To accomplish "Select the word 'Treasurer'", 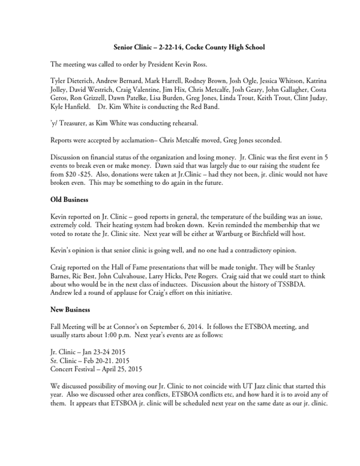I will click(78, 123).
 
